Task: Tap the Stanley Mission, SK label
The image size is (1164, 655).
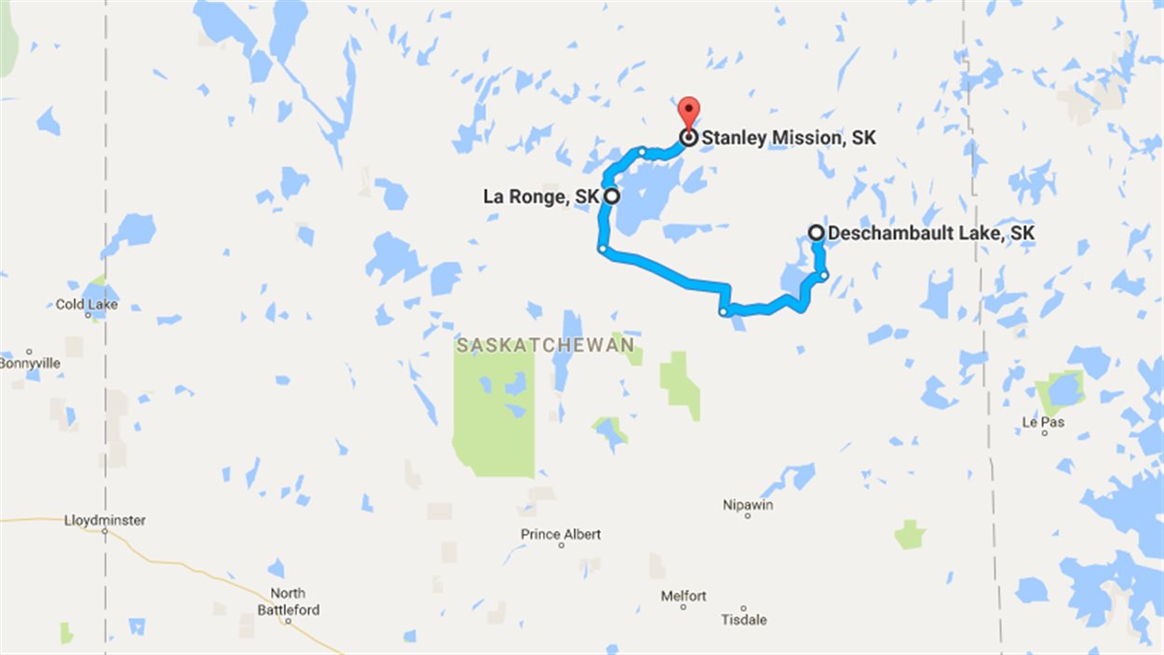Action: click(789, 139)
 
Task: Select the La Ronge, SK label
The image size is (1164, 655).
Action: click(540, 197)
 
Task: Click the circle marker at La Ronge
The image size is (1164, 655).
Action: click(612, 196)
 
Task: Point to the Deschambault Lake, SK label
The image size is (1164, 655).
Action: click(930, 233)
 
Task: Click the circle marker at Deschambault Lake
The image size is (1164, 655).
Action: click(816, 233)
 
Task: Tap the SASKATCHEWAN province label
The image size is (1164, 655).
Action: click(546, 346)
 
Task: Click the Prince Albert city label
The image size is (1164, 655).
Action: click(561, 534)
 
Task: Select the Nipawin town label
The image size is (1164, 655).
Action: click(748, 505)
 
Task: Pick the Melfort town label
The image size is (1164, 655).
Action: click(684, 595)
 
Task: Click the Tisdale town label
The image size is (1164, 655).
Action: click(744, 620)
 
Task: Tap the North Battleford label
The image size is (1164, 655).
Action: click(289, 602)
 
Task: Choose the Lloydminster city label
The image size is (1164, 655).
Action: click(105, 520)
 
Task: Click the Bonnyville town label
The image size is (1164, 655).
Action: click(29, 362)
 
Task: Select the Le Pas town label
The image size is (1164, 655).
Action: click(1043, 422)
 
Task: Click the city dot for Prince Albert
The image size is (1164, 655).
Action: click(561, 545)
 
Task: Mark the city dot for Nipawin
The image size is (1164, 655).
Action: click(748, 515)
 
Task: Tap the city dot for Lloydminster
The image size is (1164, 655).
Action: click(105, 531)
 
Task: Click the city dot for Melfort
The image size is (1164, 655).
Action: click(684, 607)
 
